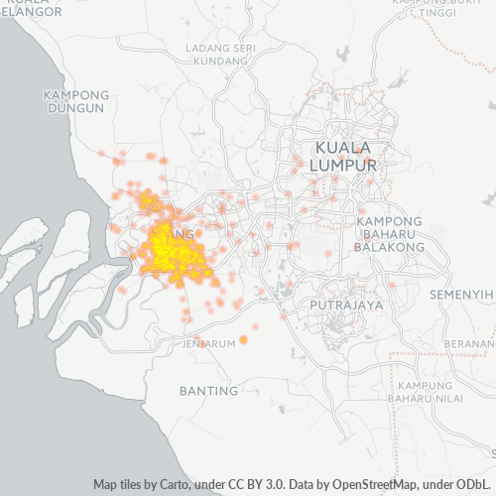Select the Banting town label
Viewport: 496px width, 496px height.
(x=208, y=391)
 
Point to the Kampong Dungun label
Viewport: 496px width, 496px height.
(x=74, y=101)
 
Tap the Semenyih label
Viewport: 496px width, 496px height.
(x=463, y=296)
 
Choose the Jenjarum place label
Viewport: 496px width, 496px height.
(x=208, y=343)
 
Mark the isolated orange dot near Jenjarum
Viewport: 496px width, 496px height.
(x=243, y=339)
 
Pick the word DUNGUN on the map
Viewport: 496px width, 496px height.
(x=74, y=108)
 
